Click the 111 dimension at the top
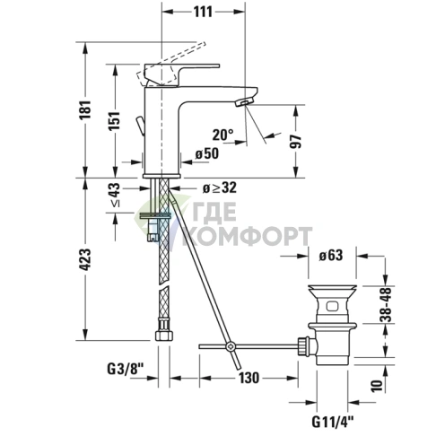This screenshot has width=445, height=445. (x=204, y=11)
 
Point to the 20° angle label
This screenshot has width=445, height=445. (x=222, y=135)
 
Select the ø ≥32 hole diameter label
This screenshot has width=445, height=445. (x=217, y=188)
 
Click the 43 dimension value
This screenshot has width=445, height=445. (x=114, y=190)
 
